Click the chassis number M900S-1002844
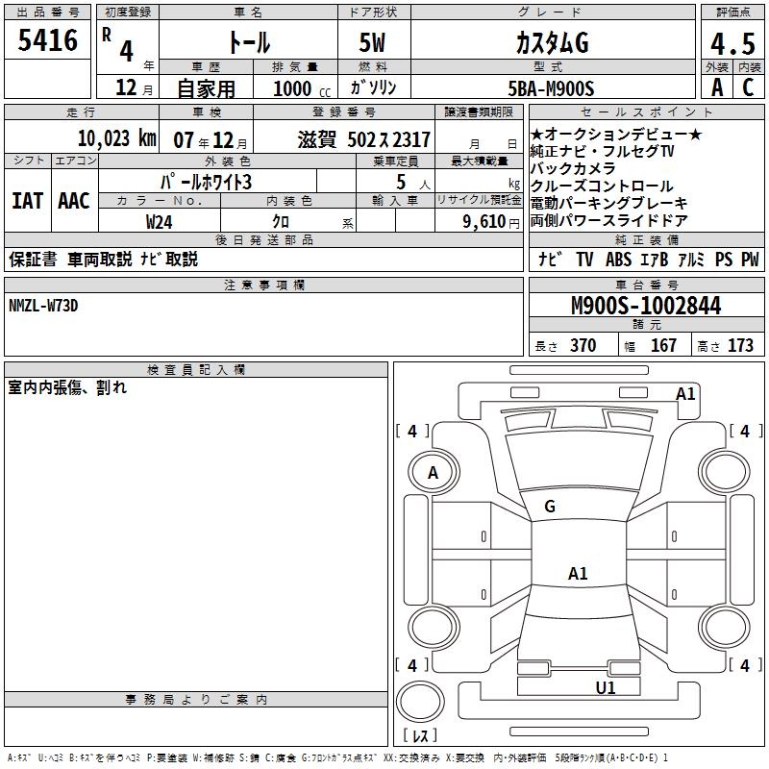pos(645,307)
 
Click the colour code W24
pos(160,221)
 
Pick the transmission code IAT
pos(27,200)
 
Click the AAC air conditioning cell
pos(73,200)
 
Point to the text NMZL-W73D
pos(43,306)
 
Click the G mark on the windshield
pos(550,507)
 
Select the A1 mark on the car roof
pos(578,574)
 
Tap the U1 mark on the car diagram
pos(605,687)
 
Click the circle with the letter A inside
pos(433,472)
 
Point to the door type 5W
pos(373,43)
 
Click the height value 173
pos(740,345)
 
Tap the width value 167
pos(663,345)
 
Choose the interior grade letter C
pos(748,87)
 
